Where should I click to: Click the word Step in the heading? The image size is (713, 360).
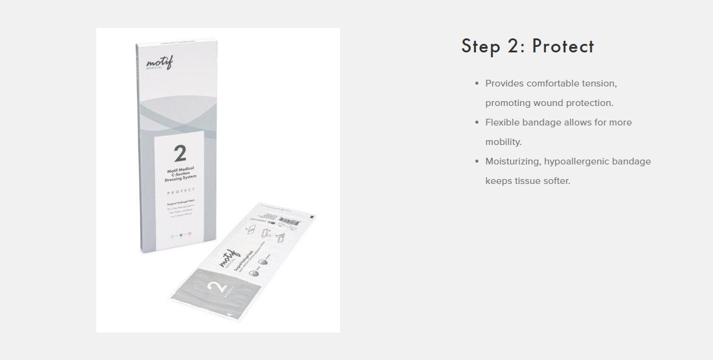pyautogui.click(x=481, y=46)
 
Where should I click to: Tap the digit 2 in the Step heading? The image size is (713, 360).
pyautogui.click(x=514, y=46)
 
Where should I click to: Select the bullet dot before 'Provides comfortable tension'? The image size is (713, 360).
pyautogui.click(x=477, y=83)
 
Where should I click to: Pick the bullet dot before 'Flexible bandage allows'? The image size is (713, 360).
pyautogui.click(x=477, y=122)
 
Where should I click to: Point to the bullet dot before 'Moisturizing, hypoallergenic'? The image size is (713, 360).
pyautogui.click(x=477, y=161)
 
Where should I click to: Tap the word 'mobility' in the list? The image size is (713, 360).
pyautogui.click(x=503, y=142)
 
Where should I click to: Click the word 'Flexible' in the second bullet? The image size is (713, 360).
pyautogui.click(x=503, y=122)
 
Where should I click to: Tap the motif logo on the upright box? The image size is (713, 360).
pyautogui.click(x=159, y=62)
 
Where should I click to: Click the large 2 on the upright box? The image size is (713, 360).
pyautogui.click(x=180, y=153)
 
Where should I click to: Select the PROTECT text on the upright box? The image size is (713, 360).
pyautogui.click(x=180, y=191)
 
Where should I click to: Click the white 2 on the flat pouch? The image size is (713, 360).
pyautogui.click(x=216, y=284)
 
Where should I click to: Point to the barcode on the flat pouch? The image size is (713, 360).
pyautogui.click(x=289, y=221)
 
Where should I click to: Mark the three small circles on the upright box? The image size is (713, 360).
pyautogui.click(x=181, y=235)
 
